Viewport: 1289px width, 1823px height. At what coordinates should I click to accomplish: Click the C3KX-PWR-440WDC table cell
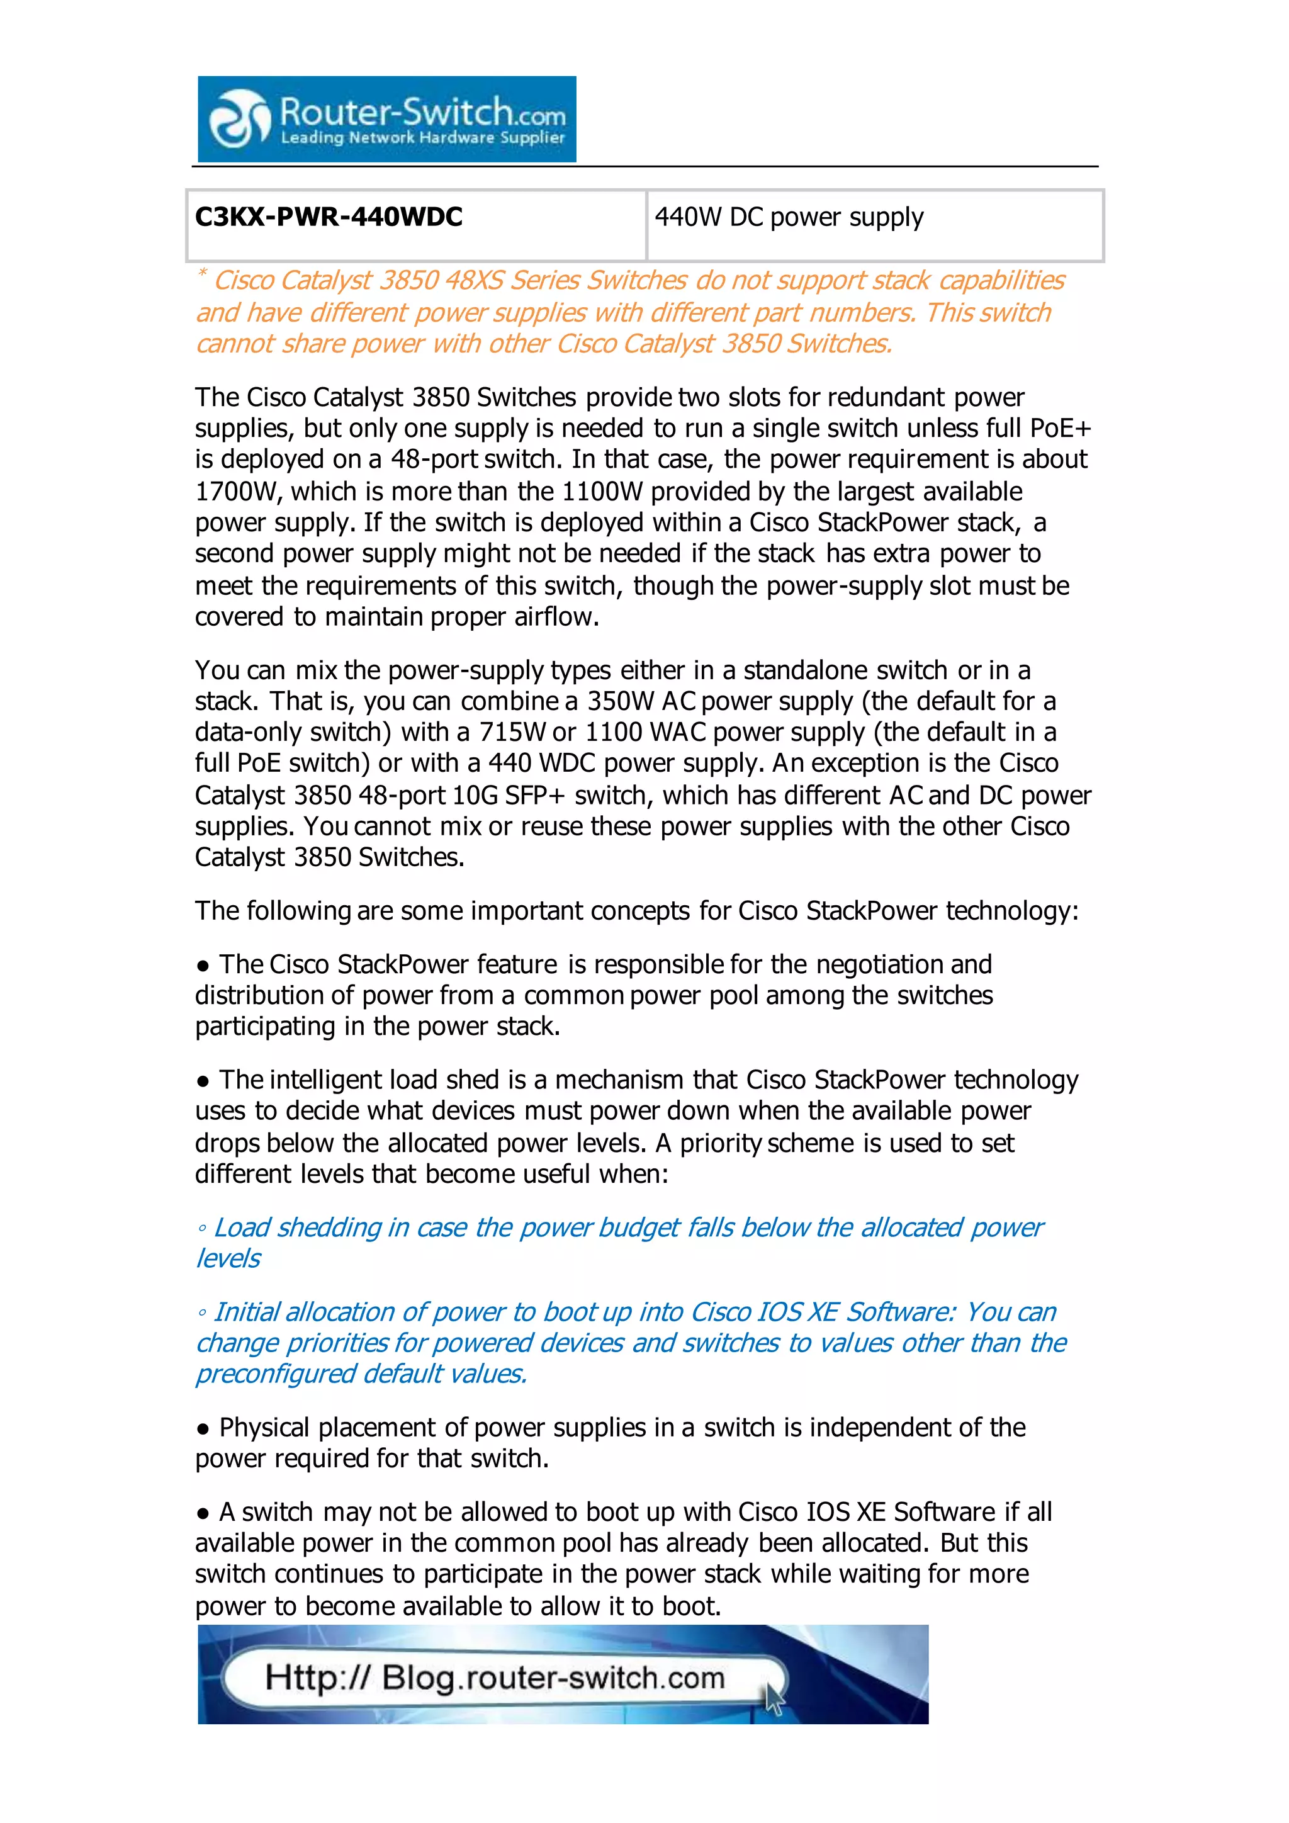pyautogui.click(x=416, y=225)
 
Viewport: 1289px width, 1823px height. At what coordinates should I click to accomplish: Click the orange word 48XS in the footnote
pyautogui.click(x=474, y=280)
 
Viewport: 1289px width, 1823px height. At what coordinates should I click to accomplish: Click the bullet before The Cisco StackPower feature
pyautogui.click(x=203, y=966)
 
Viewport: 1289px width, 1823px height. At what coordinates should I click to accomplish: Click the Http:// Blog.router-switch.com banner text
pyautogui.click(x=495, y=1678)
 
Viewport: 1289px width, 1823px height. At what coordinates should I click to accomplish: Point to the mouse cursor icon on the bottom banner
pyautogui.click(x=774, y=1700)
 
